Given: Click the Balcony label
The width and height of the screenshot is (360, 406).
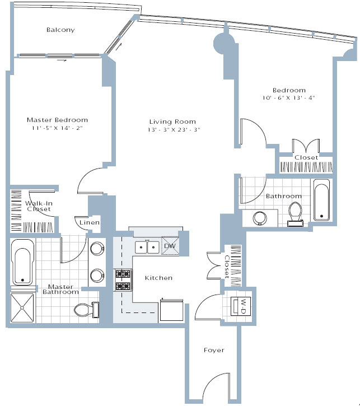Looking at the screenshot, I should [x=60, y=30].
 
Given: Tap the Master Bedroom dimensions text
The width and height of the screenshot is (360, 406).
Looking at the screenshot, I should [x=57, y=129].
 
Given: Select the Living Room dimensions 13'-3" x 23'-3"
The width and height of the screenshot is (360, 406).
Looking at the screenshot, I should [x=172, y=130].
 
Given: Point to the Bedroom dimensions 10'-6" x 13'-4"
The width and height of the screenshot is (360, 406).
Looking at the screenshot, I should [x=289, y=97].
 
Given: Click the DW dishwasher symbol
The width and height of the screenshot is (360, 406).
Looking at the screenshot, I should [x=170, y=246].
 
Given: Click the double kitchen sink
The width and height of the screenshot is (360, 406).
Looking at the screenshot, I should [x=147, y=246].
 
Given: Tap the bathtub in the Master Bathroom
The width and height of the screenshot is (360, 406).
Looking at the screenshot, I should [x=23, y=262].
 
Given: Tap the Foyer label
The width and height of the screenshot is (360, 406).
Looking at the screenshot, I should [x=213, y=351].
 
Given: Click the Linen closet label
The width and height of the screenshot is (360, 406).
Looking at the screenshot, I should [x=90, y=223].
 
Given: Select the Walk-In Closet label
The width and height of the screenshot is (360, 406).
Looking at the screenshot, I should [x=38, y=206].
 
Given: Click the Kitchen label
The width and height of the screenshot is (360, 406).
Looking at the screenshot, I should [x=158, y=278].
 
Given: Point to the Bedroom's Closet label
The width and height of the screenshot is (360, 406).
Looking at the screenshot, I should [x=306, y=158].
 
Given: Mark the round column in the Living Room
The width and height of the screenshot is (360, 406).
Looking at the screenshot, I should [x=225, y=43].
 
